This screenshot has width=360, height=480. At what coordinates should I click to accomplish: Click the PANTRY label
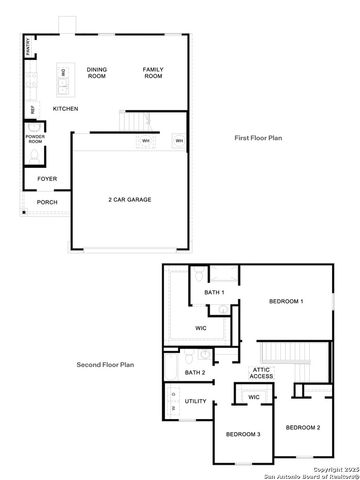[27, 46]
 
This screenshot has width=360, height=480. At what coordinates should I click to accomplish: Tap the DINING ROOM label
[97, 72]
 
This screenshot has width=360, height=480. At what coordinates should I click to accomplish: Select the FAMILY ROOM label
[152, 72]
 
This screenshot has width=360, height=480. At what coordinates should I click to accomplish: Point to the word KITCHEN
[66, 108]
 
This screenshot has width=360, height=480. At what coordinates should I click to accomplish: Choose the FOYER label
[47, 179]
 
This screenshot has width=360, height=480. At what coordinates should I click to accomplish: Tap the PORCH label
[47, 202]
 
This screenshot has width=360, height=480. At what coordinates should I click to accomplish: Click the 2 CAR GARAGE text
[130, 200]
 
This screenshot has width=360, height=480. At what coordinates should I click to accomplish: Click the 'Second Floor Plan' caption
[105, 365]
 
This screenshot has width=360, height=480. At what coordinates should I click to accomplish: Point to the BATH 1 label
[214, 292]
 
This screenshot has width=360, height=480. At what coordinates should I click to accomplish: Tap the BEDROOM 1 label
[286, 301]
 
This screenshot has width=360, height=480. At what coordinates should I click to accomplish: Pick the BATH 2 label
[195, 372]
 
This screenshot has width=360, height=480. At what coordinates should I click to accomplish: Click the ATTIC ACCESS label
[261, 373]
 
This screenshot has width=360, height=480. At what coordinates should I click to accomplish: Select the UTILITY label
[195, 401]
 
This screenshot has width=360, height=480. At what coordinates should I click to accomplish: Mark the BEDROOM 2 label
[302, 427]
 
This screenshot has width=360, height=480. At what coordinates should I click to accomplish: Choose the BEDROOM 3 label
[243, 434]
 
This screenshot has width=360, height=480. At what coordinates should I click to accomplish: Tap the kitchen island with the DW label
[63, 74]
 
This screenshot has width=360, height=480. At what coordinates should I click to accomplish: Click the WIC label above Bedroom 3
[254, 397]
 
